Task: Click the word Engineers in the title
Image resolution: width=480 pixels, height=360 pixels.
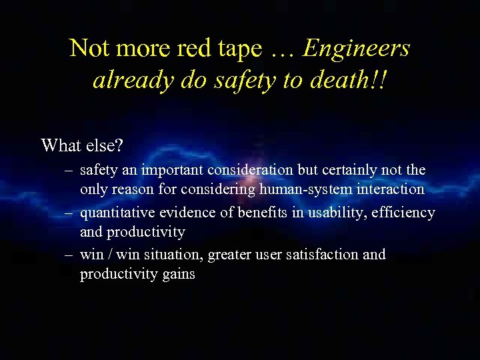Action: [357, 48]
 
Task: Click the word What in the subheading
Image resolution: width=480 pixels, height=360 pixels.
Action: [59, 145]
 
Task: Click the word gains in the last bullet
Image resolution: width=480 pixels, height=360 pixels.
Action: [177, 275]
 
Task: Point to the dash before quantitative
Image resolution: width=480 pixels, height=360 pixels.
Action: [69, 213]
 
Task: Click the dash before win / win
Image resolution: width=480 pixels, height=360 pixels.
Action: [69, 255]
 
